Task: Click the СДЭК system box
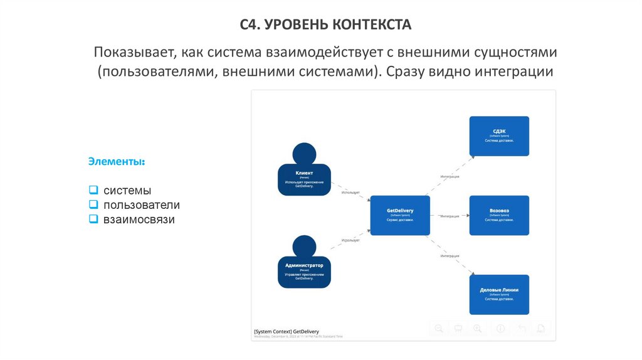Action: [x=499, y=135]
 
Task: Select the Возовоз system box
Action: [x=499, y=215]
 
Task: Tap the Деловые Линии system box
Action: [x=499, y=294]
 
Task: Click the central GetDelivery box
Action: [x=399, y=215]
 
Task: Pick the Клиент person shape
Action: [x=304, y=179]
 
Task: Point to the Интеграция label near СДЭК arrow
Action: [x=450, y=177]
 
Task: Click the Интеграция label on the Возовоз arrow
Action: [x=450, y=216]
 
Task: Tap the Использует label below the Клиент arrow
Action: [x=350, y=193]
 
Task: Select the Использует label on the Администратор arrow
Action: [x=350, y=240]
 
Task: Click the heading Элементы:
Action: [x=117, y=162]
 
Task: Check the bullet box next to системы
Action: [x=93, y=189]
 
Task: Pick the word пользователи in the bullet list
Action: [x=142, y=205]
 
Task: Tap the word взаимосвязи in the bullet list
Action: [x=139, y=220]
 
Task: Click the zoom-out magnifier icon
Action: [x=439, y=328]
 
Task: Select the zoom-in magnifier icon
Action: [x=478, y=328]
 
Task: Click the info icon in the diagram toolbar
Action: [x=500, y=328]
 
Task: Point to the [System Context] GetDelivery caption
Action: [x=287, y=331]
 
